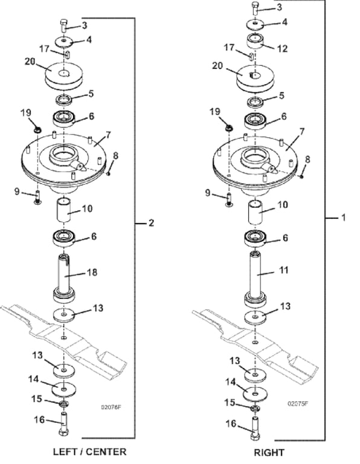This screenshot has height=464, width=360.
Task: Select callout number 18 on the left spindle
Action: (x=92, y=274)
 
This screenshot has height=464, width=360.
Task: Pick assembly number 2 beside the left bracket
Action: (x=151, y=223)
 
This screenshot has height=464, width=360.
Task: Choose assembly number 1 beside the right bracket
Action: (x=343, y=216)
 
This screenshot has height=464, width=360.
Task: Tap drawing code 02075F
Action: (x=298, y=403)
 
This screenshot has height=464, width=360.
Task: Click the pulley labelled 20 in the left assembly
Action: (x=63, y=75)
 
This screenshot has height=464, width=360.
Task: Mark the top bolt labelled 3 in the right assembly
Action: (x=254, y=10)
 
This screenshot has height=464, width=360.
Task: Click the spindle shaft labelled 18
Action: (x=65, y=277)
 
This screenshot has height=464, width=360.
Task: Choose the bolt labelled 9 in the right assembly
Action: (x=229, y=198)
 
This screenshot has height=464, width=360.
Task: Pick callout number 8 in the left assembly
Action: (x=116, y=155)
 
